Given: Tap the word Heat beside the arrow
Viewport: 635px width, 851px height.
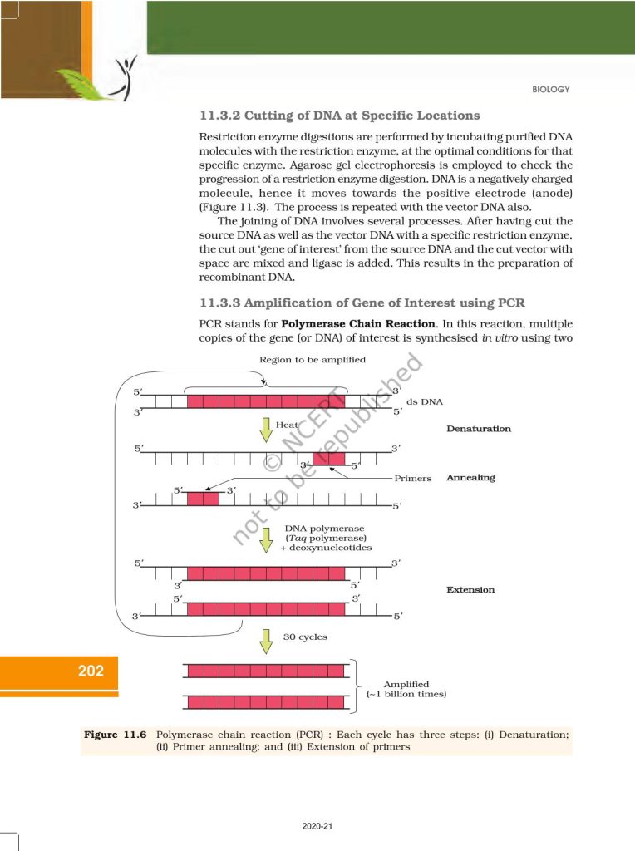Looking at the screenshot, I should pyautogui.click(x=287, y=425).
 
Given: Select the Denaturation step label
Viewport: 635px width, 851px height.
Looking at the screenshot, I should pyautogui.click(x=479, y=429).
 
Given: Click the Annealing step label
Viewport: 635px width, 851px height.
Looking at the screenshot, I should pyautogui.click(x=470, y=478).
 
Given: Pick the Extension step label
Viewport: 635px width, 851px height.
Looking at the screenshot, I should pyautogui.click(x=470, y=589).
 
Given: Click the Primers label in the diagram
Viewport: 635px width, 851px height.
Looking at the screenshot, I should pyautogui.click(x=413, y=479).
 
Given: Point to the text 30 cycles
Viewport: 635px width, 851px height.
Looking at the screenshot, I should pyautogui.click(x=305, y=637).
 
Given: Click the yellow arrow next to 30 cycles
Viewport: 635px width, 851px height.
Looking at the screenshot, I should pyautogui.click(x=266, y=640).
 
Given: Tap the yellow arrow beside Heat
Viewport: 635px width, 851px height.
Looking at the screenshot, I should pyautogui.click(x=266, y=429).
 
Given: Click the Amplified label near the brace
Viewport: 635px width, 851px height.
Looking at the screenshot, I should pyautogui.click(x=406, y=684).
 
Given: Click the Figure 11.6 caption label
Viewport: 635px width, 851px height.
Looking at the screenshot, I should pyautogui.click(x=116, y=735).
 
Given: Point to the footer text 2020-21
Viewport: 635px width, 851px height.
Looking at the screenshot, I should pyautogui.click(x=317, y=826).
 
